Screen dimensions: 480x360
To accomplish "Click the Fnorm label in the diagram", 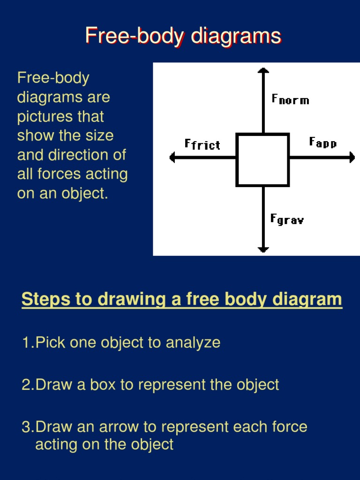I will pyautogui.click(x=290, y=99).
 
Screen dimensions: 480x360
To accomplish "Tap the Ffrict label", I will pyautogui.click(x=202, y=144).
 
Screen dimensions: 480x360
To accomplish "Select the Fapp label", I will pyautogui.click(x=322, y=142).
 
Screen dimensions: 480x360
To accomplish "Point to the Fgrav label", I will pyautogui.click(x=287, y=219).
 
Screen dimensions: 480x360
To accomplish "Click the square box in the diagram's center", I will pyautogui.click(x=262, y=160).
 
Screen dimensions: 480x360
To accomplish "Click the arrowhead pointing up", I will pyautogui.click(x=263, y=71).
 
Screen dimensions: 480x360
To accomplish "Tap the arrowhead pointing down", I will pyautogui.click(x=263, y=249).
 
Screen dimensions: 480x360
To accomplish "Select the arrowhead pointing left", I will pyautogui.click(x=172, y=157).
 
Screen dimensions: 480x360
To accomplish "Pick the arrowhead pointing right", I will pyautogui.click(x=352, y=157).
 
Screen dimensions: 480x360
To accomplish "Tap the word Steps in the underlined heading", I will pyautogui.click(x=43, y=299).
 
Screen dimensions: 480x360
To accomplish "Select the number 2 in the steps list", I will pyautogui.click(x=26, y=385).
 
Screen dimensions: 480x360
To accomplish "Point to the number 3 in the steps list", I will pyautogui.click(x=26, y=427).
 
